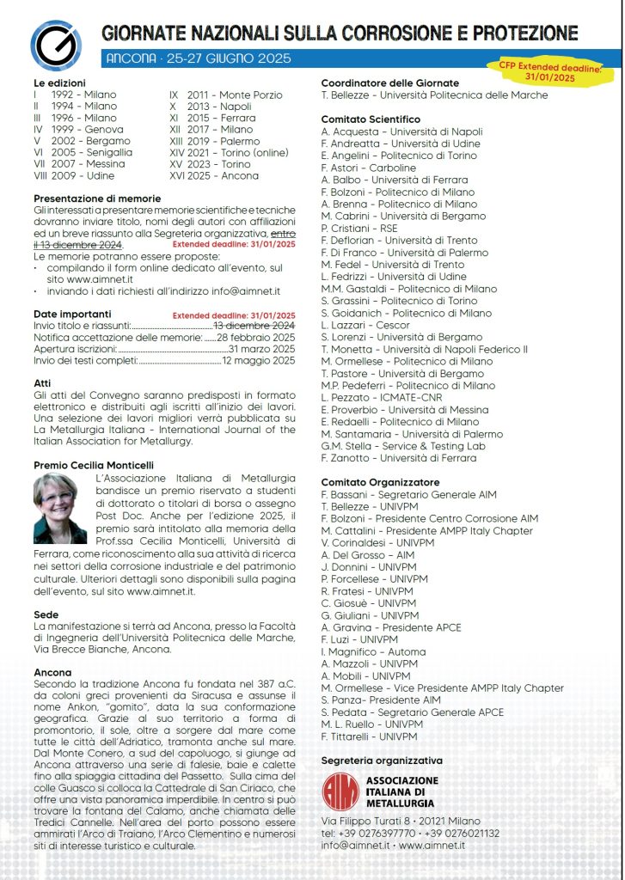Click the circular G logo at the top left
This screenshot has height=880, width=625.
(x=56, y=46)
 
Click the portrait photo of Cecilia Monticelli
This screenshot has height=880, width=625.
(x=60, y=507)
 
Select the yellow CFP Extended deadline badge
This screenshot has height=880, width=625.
(x=549, y=70)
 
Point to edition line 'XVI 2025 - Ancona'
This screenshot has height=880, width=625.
(x=214, y=175)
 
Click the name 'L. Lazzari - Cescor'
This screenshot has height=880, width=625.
(x=365, y=327)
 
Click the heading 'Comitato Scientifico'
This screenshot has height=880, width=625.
(x=371, y=119)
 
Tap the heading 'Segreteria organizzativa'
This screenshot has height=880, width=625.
(x=382, y=761)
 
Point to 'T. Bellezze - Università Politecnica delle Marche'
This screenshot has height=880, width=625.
(x=434, y=95)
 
